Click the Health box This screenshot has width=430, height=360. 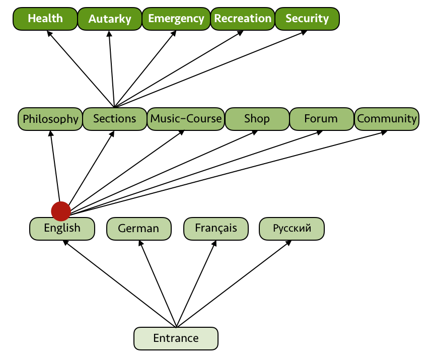45,19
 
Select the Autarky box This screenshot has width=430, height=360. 110,19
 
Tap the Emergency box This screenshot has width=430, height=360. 176,19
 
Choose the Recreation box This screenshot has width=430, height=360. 243,19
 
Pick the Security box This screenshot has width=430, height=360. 307,19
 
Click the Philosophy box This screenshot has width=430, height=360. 50,119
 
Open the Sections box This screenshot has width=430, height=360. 115,119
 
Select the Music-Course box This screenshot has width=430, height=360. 186,119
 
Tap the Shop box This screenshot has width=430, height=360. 257,119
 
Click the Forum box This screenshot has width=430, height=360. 321,119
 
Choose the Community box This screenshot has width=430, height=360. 387,119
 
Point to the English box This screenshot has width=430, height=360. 62,228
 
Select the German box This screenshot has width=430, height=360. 138,229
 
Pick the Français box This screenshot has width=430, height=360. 216,228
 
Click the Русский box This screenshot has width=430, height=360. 292,229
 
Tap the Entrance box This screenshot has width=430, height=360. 176,338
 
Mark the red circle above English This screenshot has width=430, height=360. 61,211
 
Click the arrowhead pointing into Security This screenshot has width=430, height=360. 305,32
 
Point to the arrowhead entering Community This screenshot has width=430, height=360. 384,132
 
